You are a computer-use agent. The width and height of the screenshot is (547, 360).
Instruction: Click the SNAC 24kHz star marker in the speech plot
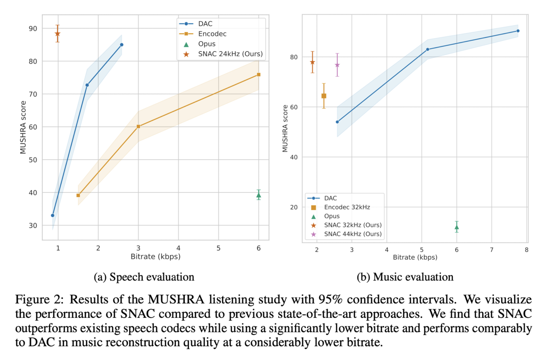click(x=57, y=34)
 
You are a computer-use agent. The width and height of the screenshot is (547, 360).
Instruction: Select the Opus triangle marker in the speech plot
click(x=259, y=195)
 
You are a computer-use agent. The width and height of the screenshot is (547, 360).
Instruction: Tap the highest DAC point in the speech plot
click(x=122, y=45)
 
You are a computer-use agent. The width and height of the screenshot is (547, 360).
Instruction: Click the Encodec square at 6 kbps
click(x=259, y=75)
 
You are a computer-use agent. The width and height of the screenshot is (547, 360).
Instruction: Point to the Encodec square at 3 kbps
click(x=138, y=126)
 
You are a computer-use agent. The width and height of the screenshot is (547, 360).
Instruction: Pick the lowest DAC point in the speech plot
click(x=52, y=215)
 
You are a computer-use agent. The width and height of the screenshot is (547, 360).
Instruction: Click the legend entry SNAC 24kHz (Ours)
click(x=230, y=54)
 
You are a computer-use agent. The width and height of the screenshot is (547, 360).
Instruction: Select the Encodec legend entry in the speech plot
click(x=212, y=34)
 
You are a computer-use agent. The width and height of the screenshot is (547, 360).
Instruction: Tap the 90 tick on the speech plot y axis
click(x=33, y=29)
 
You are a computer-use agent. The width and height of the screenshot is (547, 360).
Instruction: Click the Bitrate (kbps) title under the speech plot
click(x=155, y=256)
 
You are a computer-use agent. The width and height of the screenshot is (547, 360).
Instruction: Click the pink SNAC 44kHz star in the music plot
click(x=337, y=65)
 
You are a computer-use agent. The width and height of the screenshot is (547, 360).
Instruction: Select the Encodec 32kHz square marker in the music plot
click(x=324, y=96)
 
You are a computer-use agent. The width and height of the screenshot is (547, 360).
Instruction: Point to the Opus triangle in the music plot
click(x=457, y=227)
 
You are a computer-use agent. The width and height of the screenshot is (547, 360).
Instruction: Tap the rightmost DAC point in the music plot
click(x=518, y=31)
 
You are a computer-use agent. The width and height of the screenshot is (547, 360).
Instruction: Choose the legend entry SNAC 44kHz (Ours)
click(x=353, y=234)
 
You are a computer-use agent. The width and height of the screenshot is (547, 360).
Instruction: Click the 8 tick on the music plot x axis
click(x=526, y=250)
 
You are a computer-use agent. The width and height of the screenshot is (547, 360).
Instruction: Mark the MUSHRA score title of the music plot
click(x=285, y=129)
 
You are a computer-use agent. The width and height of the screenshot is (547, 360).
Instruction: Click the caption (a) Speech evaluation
click(x=144, y=277)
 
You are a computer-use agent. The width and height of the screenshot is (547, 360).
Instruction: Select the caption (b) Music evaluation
click(x=405, y=277)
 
